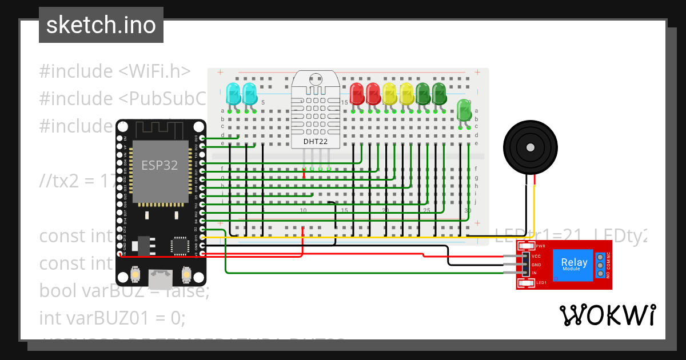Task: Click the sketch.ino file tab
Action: (x=101, y=25)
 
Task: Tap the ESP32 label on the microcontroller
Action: (x=159, y=166)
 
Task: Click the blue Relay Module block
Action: (x=574, y=265)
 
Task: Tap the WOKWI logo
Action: (x=608, y=315)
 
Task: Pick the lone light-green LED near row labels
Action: (x=464, y=110)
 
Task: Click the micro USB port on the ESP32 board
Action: (x=161, y=279)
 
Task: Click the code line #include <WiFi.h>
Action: (x=114, y=71)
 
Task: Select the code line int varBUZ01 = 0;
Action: (x=112, y=318)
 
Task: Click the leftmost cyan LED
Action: (x=233, y=93)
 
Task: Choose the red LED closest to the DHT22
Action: (x=357, y=93)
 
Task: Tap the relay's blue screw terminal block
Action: (x=600, y=265)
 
